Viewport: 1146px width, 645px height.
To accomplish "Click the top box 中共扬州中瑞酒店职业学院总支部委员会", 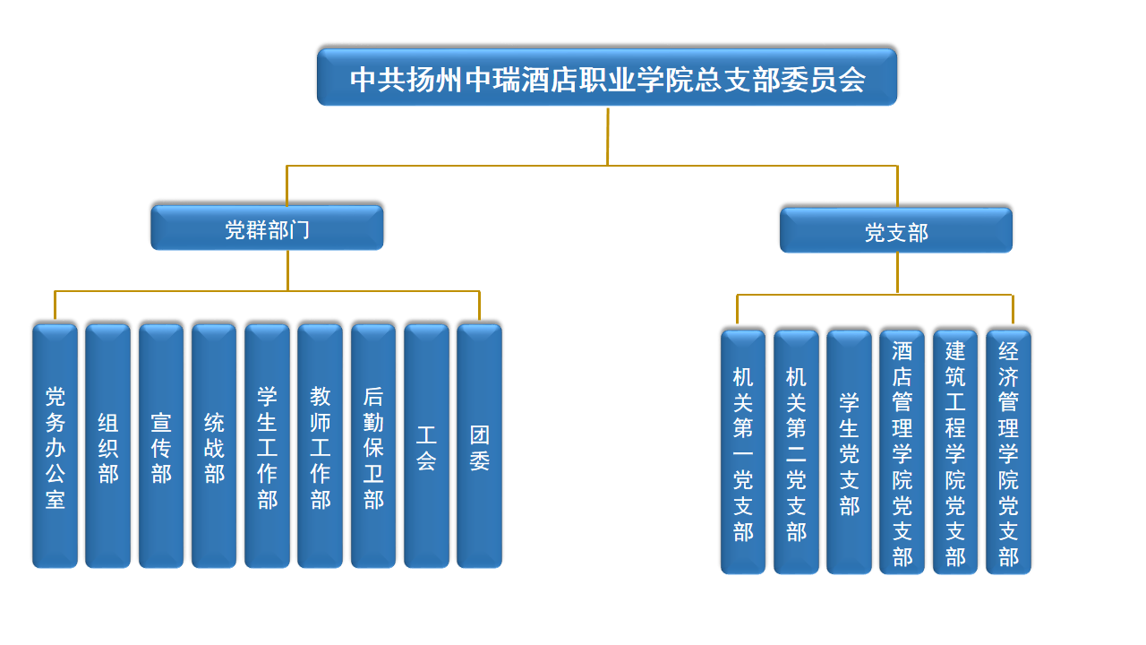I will coord(607,78).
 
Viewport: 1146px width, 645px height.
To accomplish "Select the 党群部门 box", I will coord(267,228).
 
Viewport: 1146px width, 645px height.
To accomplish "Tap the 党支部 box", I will coord(896,231).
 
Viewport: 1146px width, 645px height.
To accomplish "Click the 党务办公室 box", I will coord(55,446).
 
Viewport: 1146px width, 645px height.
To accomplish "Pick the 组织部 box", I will coord(107,446).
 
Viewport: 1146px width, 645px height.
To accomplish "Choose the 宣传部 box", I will coord(161,446).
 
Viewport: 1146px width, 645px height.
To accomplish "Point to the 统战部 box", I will coord(214,446).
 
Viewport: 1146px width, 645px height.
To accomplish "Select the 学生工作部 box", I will coord(267,446).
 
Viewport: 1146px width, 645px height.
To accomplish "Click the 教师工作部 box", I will coord(320,446).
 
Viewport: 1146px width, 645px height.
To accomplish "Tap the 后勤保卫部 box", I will coord(373,446).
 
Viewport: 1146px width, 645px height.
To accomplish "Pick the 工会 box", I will coord(426,446).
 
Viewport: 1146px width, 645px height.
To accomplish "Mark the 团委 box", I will coord(479,446).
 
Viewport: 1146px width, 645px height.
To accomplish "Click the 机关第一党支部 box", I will coord(743,452).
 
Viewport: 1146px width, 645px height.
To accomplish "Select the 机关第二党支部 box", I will coord(796,452).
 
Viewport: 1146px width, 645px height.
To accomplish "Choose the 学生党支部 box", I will coord(849,452).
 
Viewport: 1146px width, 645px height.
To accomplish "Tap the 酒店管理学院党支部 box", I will coord(902,452).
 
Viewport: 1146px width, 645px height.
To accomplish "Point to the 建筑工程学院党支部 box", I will coord(955,452).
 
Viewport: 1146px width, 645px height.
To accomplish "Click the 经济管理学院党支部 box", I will coord(1008,452).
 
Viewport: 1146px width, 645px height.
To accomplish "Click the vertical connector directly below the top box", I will coord(607,136).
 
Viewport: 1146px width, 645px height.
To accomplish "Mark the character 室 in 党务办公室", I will coord(55,498).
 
